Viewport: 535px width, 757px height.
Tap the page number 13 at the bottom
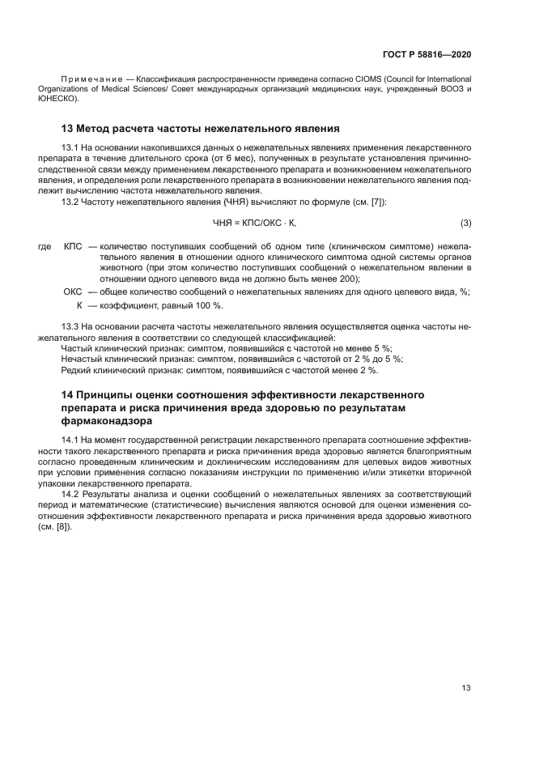coord(466,688)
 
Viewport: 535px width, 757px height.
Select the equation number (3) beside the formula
coord(466,223)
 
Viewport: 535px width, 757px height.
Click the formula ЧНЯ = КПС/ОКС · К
coord(260,223)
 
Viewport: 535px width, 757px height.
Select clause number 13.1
coord(71,148)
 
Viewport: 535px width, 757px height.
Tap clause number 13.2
coord(71,201)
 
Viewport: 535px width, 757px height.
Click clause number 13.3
coord(71,327)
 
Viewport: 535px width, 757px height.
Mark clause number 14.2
coord(71,493)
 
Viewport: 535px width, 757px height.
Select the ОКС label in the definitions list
coord(73,291)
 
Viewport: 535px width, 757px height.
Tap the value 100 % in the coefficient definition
coord(208,305)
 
